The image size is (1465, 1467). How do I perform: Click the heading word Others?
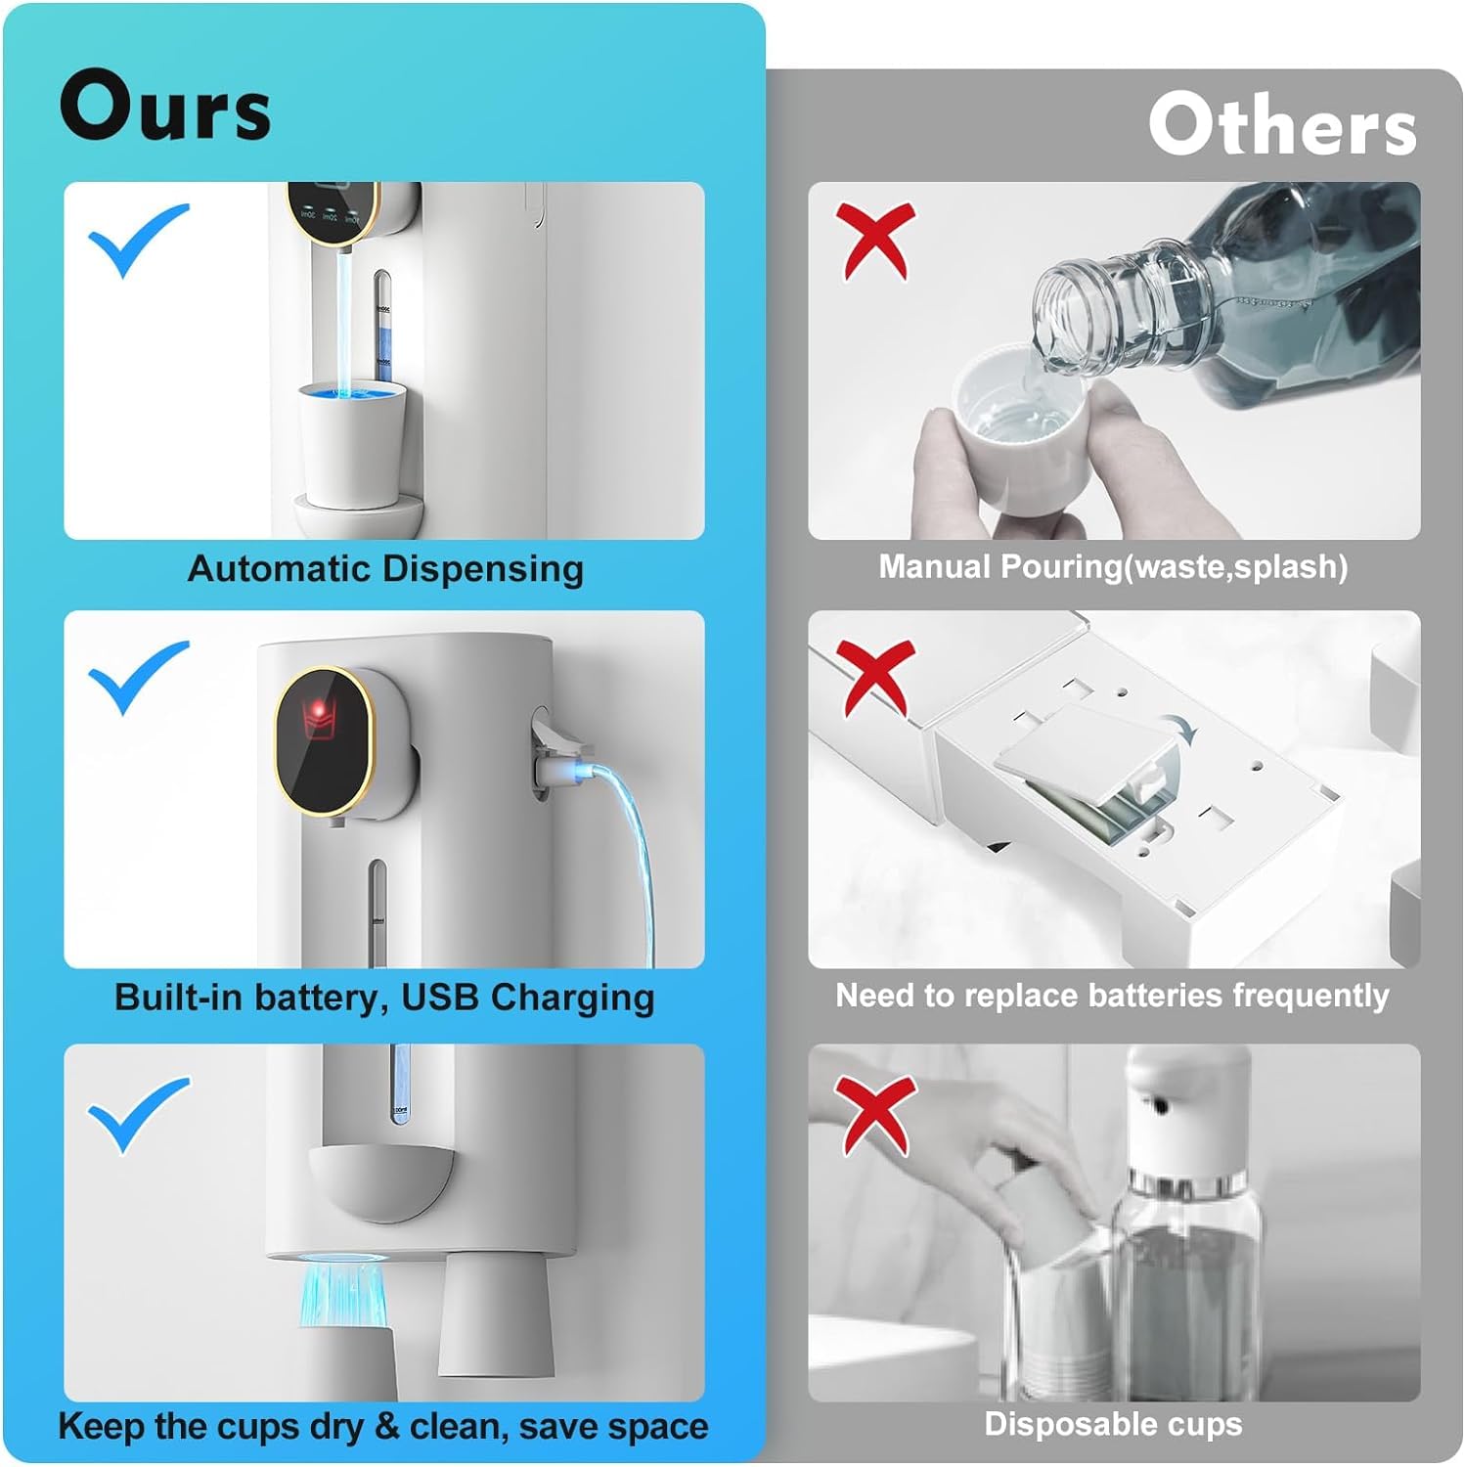(x=1282, y=125)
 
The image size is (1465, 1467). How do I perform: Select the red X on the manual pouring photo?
(x=877, y=241)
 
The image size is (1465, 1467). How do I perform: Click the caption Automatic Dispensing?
(x=385, y=568)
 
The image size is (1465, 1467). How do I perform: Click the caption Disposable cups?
(x=1113, y=1424)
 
